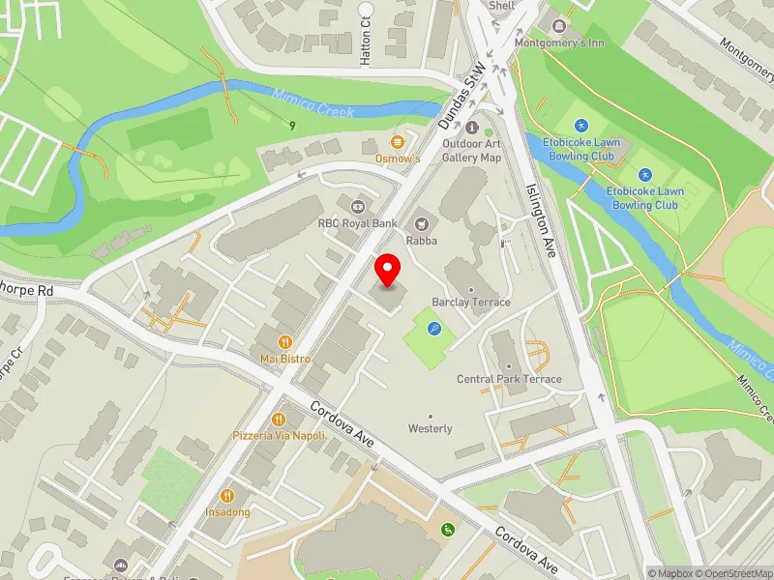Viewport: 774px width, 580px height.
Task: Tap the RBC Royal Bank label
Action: (x=357, y=222)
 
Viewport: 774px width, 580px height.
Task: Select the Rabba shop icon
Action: (x=421, y=222)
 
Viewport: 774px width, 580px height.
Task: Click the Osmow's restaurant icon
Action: (x=398, y=142)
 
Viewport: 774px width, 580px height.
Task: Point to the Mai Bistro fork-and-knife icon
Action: (x=284, y=341)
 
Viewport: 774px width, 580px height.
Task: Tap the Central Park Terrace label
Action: (x=509, y=379)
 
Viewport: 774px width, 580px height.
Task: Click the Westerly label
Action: (x=431, y=428)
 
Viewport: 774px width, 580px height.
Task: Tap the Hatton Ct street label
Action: (x=366, y=44)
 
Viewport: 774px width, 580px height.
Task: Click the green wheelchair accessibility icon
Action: (x=447, y=529)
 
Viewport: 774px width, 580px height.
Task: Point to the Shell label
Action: (x=502, y=5)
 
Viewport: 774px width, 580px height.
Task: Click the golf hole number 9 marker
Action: (x=291, y=125)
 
